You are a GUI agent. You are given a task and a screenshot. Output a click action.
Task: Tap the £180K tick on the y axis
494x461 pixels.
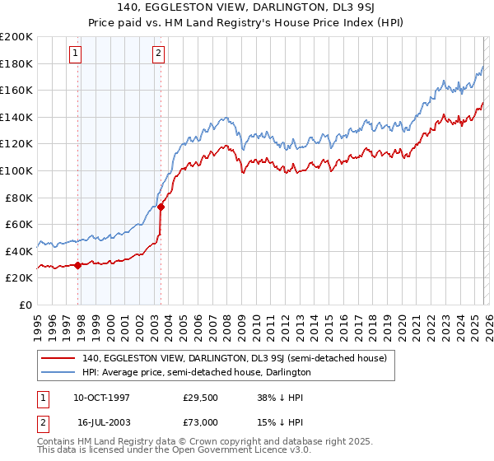click(16, 63)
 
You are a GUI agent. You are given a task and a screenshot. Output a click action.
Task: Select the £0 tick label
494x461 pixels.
click(26, 305)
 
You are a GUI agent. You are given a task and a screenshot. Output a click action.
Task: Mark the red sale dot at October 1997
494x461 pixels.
click(78, 265)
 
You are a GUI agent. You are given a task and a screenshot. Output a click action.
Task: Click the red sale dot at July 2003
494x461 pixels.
click(161, 207)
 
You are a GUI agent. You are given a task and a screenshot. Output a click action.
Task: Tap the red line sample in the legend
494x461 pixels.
click(58, 358)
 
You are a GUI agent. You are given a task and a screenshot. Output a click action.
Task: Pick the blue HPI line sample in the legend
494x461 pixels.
click(58, 372)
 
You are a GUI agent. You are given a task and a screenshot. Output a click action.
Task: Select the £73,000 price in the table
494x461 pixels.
click(198, 421)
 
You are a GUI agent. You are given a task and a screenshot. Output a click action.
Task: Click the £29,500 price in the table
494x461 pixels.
click(198, 397)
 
